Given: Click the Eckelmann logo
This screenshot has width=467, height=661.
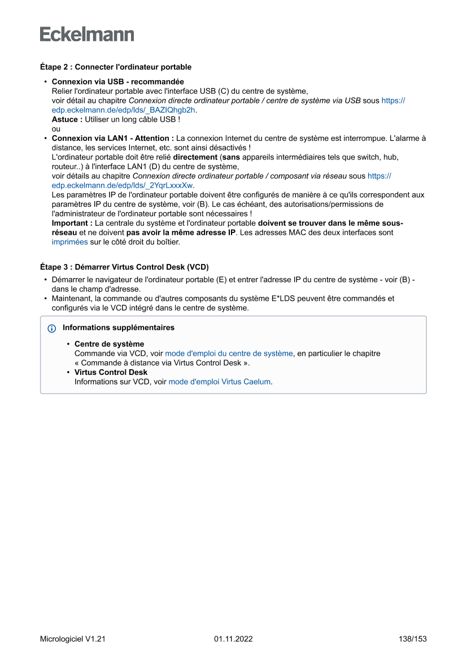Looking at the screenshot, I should click(87, 34).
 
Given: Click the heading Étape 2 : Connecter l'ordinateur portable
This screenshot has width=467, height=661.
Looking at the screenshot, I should click(115, 67).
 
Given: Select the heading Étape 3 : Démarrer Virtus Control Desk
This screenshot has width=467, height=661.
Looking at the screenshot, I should click(124, 267).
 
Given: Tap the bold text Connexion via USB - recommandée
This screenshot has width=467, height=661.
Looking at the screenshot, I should click(117, 82).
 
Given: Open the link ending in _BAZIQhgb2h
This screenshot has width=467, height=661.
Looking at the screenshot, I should click(124, 110).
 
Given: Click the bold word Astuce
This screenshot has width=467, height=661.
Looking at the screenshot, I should click(67, 119).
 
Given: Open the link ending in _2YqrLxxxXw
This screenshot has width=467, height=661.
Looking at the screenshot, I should click(123, 185).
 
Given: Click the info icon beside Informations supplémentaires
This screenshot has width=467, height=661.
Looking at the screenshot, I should click(52, 328).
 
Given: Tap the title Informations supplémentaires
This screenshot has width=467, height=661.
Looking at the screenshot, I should click(119, 327).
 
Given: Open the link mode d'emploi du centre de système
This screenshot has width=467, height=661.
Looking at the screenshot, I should click(229, 353).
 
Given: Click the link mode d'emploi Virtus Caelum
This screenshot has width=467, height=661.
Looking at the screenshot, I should click(219, 382).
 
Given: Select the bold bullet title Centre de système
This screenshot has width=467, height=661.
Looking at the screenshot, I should click(109, 344).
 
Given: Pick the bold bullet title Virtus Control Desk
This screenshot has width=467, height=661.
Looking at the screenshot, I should click(111, 372).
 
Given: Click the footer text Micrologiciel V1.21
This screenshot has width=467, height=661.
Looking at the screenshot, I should click(72, 639).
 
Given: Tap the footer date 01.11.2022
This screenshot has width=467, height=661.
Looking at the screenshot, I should click(233, 639).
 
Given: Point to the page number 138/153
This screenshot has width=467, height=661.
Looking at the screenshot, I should click(412, 639).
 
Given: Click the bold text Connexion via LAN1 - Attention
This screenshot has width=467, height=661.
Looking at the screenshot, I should click(112, 138).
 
